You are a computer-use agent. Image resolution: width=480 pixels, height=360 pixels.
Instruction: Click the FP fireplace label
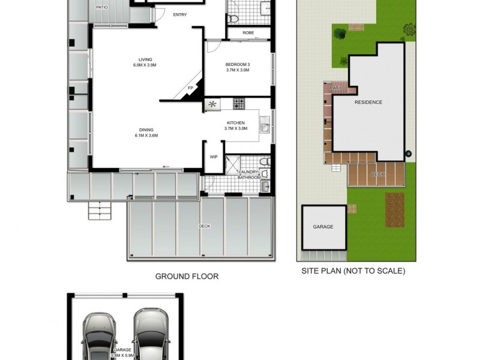pos(190,88)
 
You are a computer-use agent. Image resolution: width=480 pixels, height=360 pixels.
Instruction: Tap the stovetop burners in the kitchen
pos(239,103)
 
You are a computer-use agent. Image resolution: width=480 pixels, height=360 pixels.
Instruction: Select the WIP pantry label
pos(213,157)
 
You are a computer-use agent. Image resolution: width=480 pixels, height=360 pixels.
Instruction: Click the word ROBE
pos(249,33)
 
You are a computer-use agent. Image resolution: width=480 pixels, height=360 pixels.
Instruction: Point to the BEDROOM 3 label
pos(237,64)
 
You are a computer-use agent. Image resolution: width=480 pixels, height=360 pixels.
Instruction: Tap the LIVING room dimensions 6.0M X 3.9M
pos(145,65)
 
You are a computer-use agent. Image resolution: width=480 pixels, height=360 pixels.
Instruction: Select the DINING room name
pos(146,130)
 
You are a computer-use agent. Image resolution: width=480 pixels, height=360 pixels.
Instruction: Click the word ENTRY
pos(179,14)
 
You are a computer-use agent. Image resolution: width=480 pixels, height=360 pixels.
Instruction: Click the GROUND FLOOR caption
pos(187,277)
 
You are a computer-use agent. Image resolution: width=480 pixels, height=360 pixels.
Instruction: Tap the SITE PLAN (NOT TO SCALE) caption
pos(353,271)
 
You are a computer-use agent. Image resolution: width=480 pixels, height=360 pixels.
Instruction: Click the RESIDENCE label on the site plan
pos(368,102)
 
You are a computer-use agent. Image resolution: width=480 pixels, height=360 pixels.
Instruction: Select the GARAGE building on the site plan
pos(323,227)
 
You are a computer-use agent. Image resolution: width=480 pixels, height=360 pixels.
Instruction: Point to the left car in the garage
pos(99,336)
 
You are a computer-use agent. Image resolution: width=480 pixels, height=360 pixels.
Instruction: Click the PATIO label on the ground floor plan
pos(102,7)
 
